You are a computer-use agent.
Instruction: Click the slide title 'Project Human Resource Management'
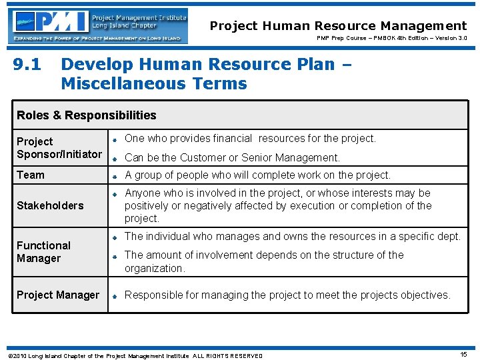pos(338,26)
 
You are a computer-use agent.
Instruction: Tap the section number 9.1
pos(27,65)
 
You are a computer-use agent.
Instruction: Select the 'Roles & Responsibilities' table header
pos(87,115)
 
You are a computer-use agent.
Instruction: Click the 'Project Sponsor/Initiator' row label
pos(59,148)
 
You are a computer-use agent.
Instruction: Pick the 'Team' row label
pos(31,175)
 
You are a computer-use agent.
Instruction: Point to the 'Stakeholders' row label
pos(50,205)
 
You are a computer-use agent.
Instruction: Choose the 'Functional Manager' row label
pos(43,252)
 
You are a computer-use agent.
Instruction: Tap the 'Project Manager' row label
pos(58,295)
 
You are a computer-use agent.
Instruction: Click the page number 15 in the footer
pos(463,355)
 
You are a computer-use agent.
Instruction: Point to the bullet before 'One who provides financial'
pos(115,140)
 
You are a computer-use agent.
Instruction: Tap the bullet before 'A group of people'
pos(115,176)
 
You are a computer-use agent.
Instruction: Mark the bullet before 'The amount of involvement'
pos(115,256)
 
